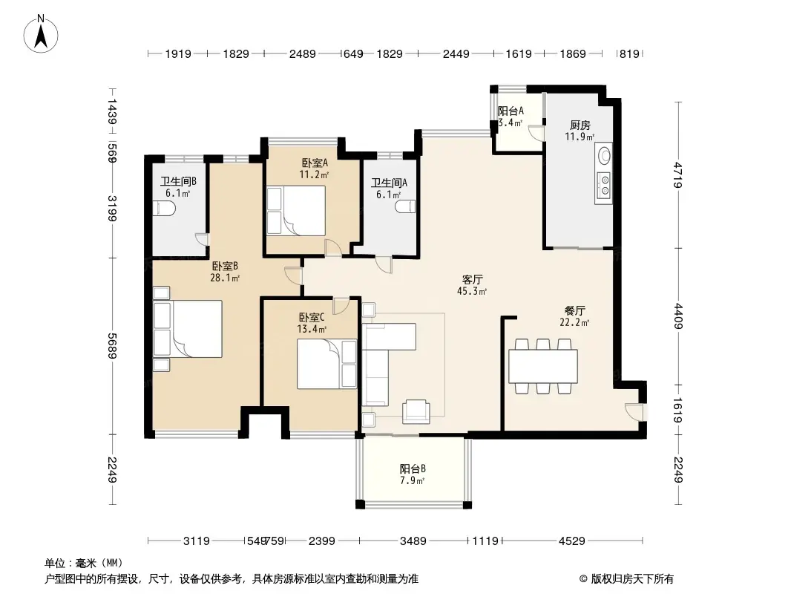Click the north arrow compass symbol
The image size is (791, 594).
41,34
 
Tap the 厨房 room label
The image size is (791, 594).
580,125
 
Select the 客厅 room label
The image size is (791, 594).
473,280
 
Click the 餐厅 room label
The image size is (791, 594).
574,310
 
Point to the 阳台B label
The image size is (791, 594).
413,469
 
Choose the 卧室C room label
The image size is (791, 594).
312,318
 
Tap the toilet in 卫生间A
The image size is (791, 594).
406,206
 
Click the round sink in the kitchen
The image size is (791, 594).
603,155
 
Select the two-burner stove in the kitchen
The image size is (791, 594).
603,185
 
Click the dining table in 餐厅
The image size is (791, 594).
543,366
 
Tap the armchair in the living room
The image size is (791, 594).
416,411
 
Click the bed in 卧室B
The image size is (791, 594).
188,328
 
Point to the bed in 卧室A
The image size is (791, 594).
296,210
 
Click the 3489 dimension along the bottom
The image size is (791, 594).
413,541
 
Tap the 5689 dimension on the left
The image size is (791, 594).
112,346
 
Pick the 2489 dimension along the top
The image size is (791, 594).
303,53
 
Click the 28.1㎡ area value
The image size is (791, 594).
225,278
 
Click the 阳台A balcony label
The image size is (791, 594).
511,111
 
